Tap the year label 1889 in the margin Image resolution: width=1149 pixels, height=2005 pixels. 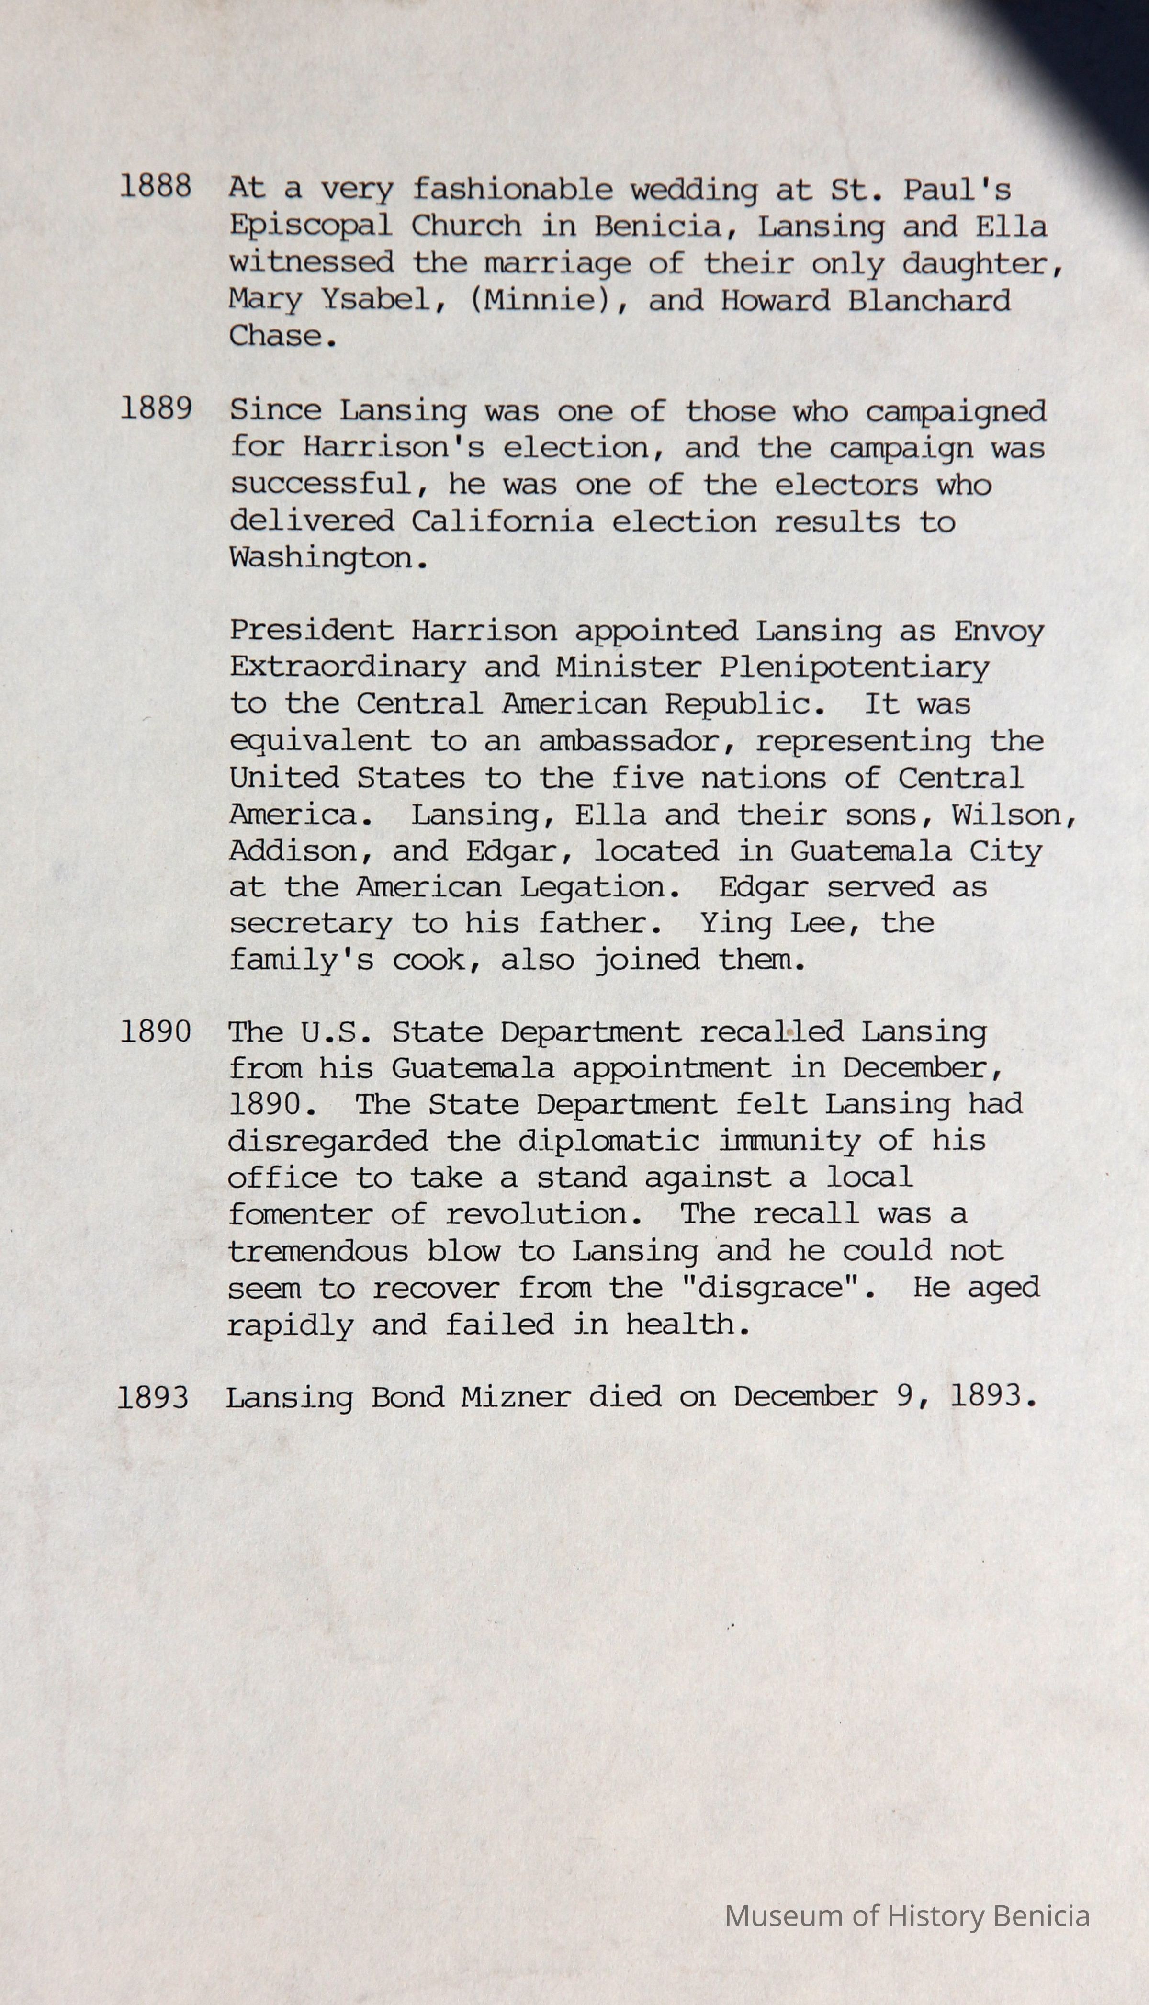pos(156,409)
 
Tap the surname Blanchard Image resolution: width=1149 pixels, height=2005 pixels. pos(929,300)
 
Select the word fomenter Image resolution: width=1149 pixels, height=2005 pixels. pos(300,1214)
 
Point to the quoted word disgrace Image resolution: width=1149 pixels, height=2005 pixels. pos(777,1288)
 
